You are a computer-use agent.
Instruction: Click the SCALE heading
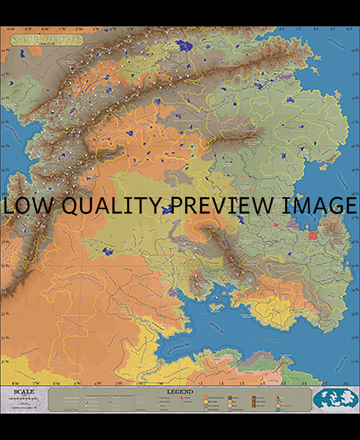[24, 392]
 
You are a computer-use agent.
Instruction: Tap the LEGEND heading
[180, 392]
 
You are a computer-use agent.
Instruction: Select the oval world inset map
[335, 399]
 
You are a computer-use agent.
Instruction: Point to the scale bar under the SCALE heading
[24, 399]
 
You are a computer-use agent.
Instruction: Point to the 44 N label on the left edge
[5, 50]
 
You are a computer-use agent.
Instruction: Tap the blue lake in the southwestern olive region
[107, 251]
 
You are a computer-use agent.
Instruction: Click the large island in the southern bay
[217, 307]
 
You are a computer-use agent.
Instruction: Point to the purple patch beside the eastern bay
[293, 223]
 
